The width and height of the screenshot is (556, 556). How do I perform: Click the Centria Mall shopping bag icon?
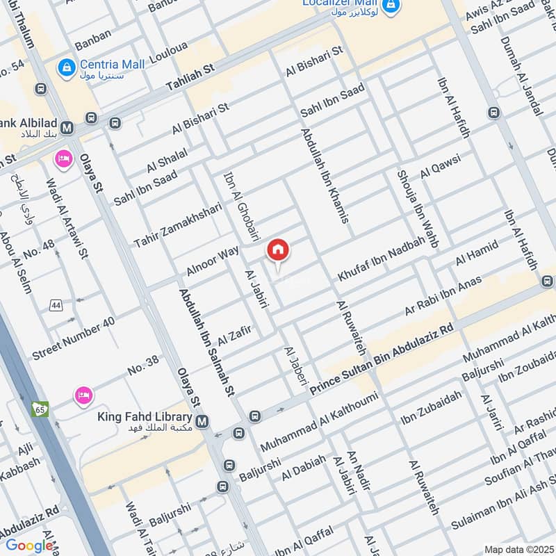[x=67, y=67]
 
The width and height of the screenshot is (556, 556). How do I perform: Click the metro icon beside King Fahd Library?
[x=202, y=422]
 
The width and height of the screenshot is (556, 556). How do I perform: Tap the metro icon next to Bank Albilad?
[x=67, y=128]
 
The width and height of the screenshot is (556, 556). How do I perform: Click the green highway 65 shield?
[x=39, y=409]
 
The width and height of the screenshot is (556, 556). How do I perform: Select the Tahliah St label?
[x=191, y=76]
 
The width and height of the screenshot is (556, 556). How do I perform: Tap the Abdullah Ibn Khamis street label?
[x=324, y=174]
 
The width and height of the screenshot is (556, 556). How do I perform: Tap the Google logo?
[x=29, y=546]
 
